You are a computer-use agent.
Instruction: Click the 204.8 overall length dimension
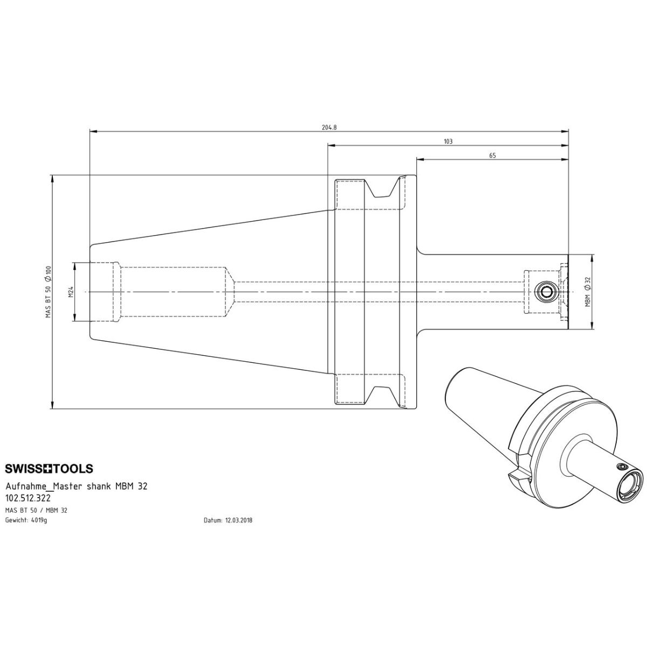point(329,127)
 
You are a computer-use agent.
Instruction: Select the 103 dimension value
point(448,141)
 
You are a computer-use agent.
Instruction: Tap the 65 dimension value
point(492,155)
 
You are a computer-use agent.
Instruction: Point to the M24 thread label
point(71,292)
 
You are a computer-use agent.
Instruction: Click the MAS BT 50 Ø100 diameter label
point(49,292)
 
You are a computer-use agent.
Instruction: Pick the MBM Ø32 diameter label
point(587,292)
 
